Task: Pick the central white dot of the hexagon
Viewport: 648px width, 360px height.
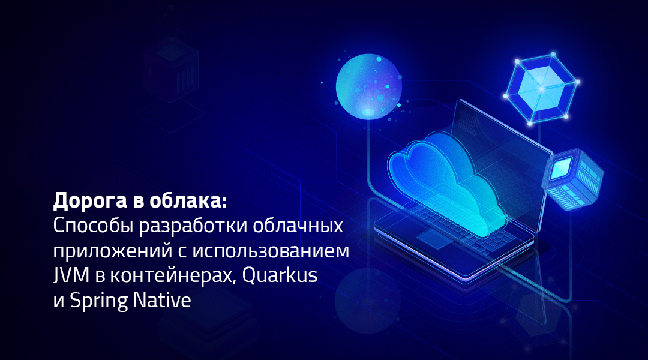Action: pyautogui.click(x=541, y=89)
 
